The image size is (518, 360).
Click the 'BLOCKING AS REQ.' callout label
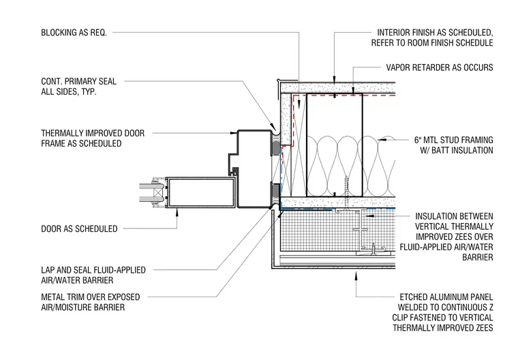click(74, 33)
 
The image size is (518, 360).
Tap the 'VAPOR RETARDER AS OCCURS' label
click(440, 67)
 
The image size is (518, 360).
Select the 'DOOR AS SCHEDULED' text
click(79, 229)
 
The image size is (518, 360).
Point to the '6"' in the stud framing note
click(418, 140)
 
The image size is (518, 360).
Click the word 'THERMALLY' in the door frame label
click(62, 133)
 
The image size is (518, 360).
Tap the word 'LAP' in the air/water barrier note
click(48, 270)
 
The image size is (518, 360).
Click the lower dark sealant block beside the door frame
click(275, 194)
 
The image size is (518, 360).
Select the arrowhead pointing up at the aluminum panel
click(356, 275)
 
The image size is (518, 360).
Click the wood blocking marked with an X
click(299, 145)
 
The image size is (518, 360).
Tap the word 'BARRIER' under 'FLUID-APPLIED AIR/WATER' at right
click(477, 258)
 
